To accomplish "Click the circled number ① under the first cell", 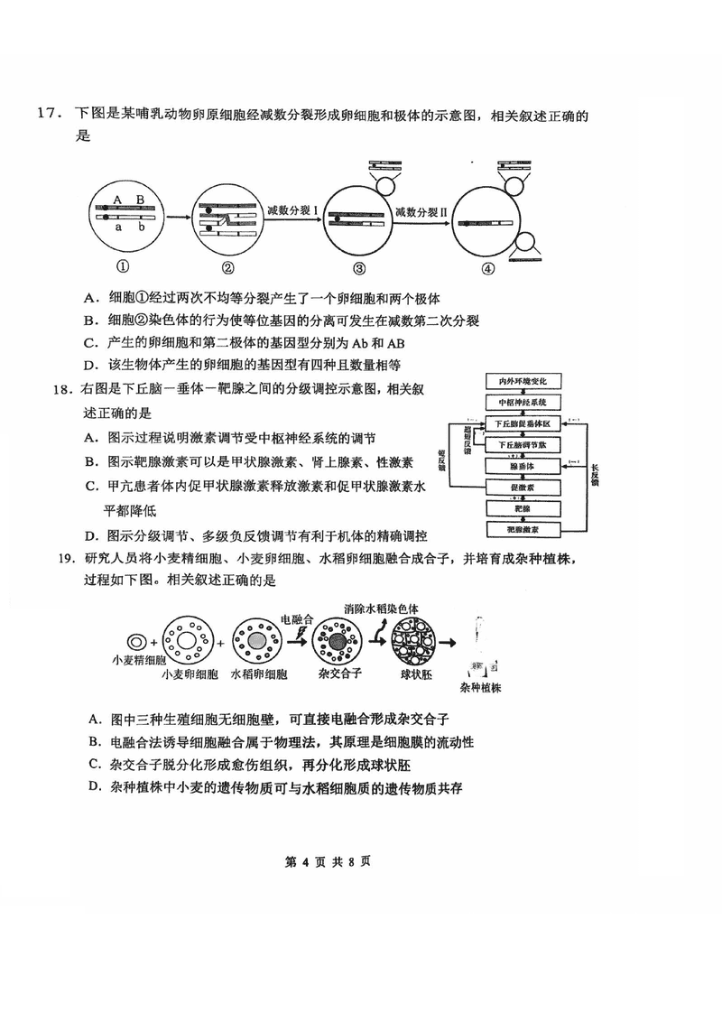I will click(x=121, y=267).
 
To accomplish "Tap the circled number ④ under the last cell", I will click(x=487, y=268).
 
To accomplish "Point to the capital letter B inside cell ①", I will click(x=140, y=199).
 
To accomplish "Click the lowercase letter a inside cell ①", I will click(x=117, y=228).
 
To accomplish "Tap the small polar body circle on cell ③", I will click(x=386, y=186).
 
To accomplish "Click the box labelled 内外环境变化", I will click(x=523, y=382).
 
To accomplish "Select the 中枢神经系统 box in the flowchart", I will click(x=523, y=403).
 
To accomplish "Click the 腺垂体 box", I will click(x=523, y=467).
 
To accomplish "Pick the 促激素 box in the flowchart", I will click(x=523, y=488).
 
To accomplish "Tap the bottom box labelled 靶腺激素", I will click(x=523, y=530).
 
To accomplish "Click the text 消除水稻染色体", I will click(x=381, y=609).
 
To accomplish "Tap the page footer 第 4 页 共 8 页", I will click(x=328, y=860).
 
